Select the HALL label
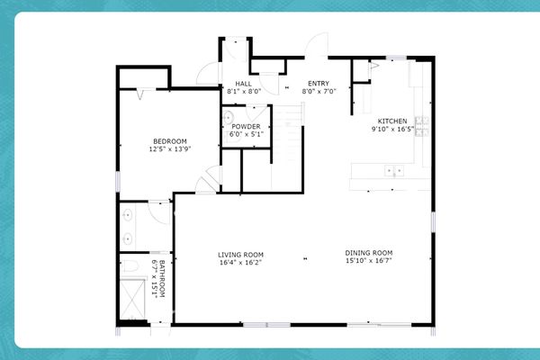[243, 84]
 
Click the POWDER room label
[246, 127]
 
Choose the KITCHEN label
[392, 121]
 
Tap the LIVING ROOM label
[240, 255]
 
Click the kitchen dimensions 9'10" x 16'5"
[392, 129]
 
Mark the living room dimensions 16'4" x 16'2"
[240, 263]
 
